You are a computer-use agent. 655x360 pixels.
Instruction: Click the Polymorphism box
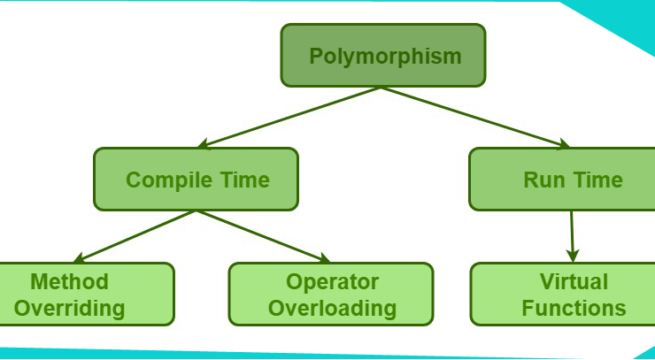tap(383, 55)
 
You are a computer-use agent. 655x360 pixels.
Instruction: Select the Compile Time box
tap(196, 180)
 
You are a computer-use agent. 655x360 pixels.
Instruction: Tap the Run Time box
tap(562, 180)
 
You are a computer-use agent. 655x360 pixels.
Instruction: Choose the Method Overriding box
tap(87, 294)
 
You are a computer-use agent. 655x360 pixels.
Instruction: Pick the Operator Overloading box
tap(331, 294)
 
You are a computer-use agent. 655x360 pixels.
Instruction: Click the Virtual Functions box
tap(562, 294)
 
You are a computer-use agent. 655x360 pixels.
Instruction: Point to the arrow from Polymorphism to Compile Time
tap(289, 118)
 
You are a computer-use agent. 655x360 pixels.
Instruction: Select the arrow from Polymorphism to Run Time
tap(475, 118)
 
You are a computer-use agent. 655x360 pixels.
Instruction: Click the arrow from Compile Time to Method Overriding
tap(135, 236)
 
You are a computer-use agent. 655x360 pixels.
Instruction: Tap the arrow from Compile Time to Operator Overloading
tap(263, 236)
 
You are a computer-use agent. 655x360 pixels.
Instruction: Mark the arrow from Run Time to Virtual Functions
tap(572, 236)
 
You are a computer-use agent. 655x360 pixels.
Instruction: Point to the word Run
tap(544, 180)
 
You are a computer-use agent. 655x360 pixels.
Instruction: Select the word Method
tap(69, 281)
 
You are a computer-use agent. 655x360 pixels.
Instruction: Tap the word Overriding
tap(69, 309)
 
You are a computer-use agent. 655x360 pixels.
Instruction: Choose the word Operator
tap(333, 282)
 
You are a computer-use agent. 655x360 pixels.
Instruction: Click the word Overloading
tap(333, 309)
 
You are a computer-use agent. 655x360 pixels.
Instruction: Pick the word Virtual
tap(574, 281)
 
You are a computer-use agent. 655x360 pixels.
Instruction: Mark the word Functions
tap(574, 308)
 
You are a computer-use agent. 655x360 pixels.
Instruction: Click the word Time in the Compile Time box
tap(245, 180)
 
